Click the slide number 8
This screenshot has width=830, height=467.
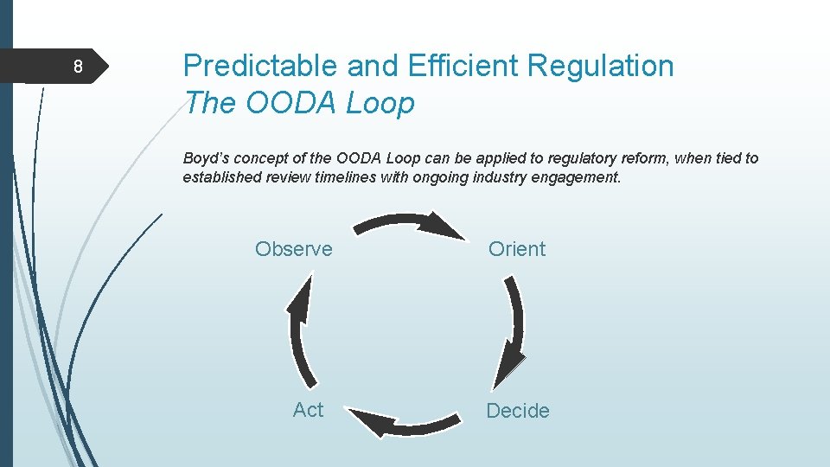pyautogui.click(x=78, y=67)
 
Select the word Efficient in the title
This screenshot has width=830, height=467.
pyautogui.click(x=463, y=67)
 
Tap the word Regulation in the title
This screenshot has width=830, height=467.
pyautogui.click(x=603, y=67)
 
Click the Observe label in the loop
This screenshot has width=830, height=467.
pyautogui.click(x=293, y=249)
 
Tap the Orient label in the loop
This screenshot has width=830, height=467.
pyautogui.click(x=517, y=249)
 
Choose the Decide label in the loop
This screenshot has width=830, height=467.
pyautogui.click(x=518, y=411)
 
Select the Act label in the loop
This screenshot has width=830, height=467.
pyautogui.click(x=308, y=410)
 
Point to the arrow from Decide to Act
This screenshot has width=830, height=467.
pyautogui.click(x=406, y=425)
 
